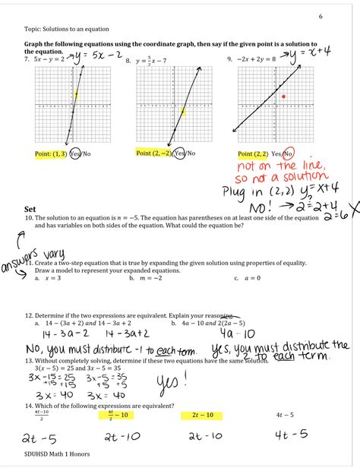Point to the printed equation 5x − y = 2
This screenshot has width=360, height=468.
(48, 59)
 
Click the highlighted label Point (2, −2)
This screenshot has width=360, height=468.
(154, 153)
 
